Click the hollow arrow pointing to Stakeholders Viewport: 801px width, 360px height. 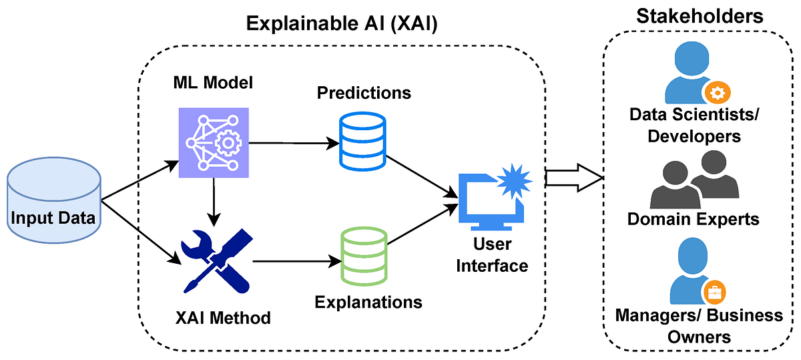pyautogui.click(x=573, y=178)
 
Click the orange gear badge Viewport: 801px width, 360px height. pyautogui.click(x=715, y=92)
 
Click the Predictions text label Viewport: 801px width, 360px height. pyautogui.click(x=364, y=93)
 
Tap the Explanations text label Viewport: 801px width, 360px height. pyautogui.click(x=368, y=301)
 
